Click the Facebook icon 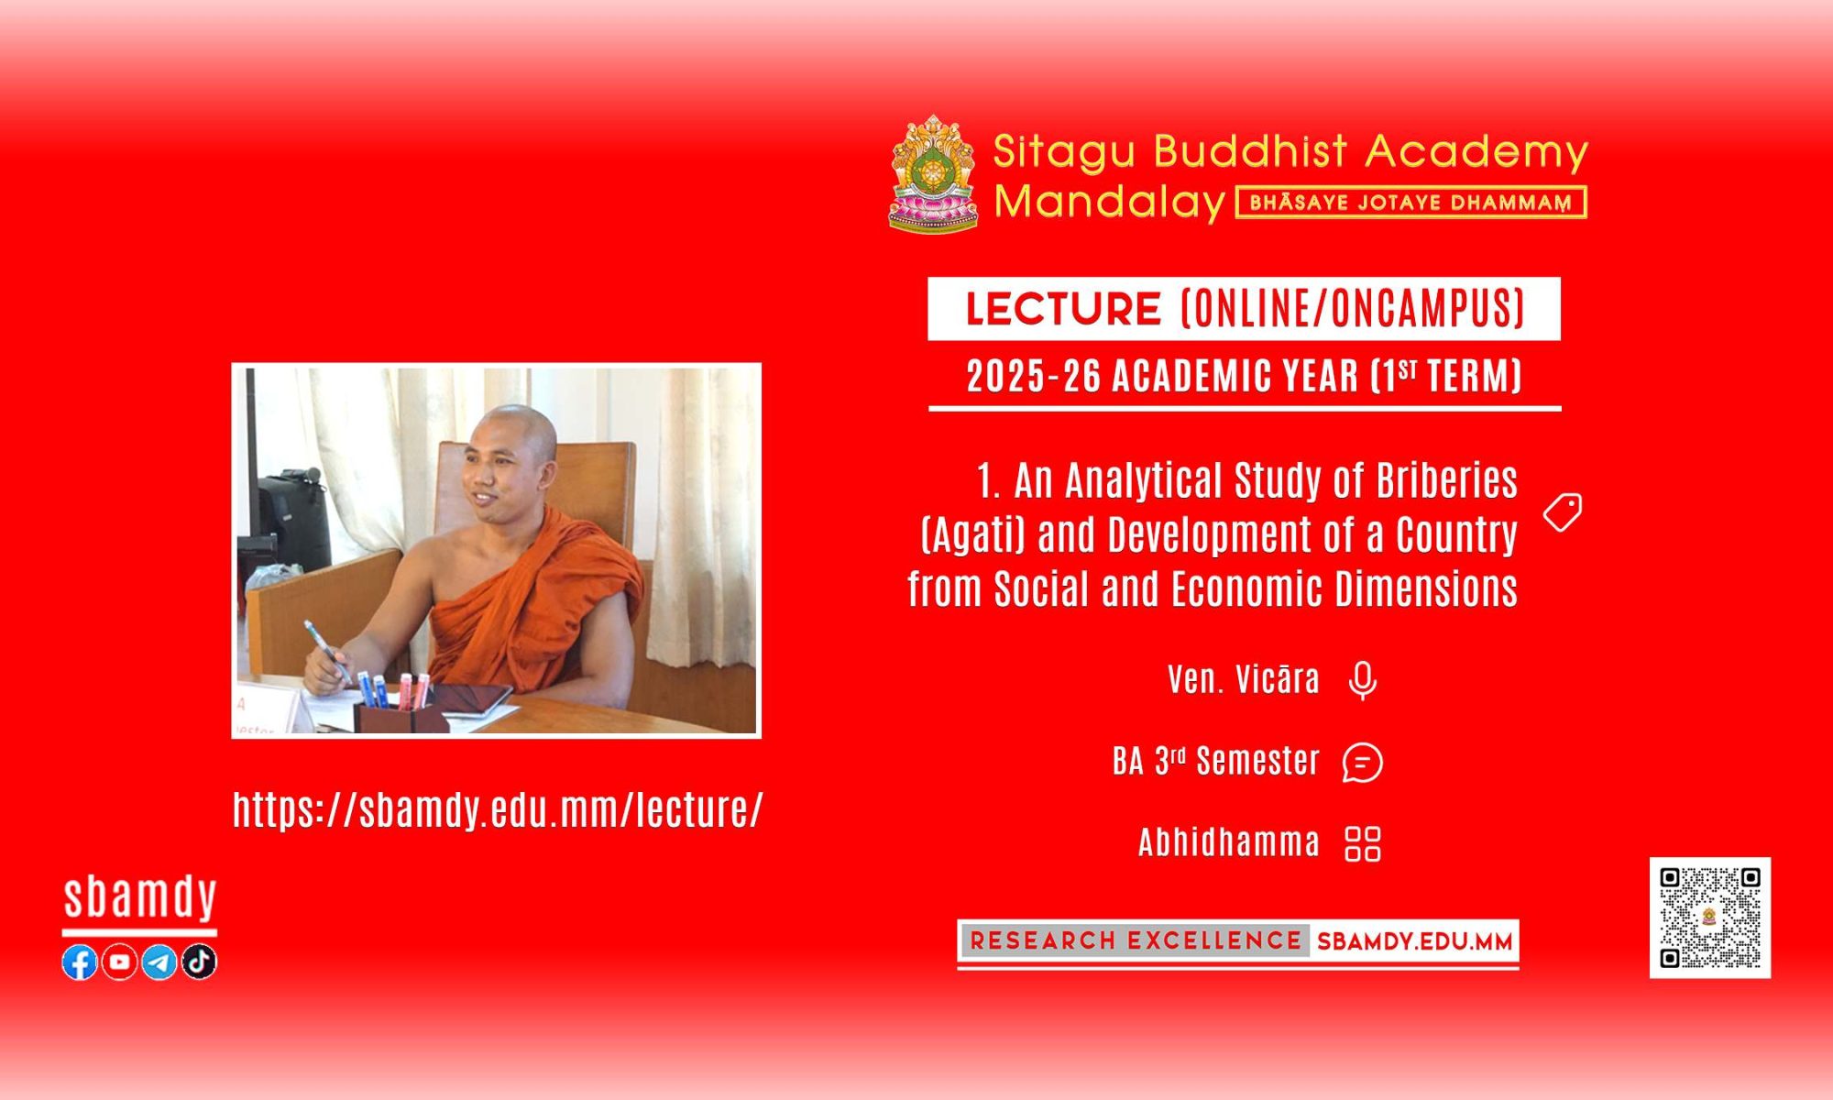click(80, 962)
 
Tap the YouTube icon click(119, 962)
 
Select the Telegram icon click(159, 962)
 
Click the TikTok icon click(199, 962)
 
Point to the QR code click(1710, 918)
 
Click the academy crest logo click(934, 173)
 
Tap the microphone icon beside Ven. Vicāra click(1363, 681)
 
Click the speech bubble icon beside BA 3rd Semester click(1363, 763)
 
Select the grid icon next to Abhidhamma click(1363, 844)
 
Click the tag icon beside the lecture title click(1563, 512)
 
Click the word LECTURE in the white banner click(1063, 309)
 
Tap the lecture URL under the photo click(498, 809)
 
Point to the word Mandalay click(1110, 202)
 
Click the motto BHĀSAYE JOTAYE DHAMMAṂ click(1411, 203)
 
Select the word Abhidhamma click(1229, 842)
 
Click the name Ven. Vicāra click(1244, 679)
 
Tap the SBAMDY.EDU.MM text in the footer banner click(1414, 941)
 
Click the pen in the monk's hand click(326, 649)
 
